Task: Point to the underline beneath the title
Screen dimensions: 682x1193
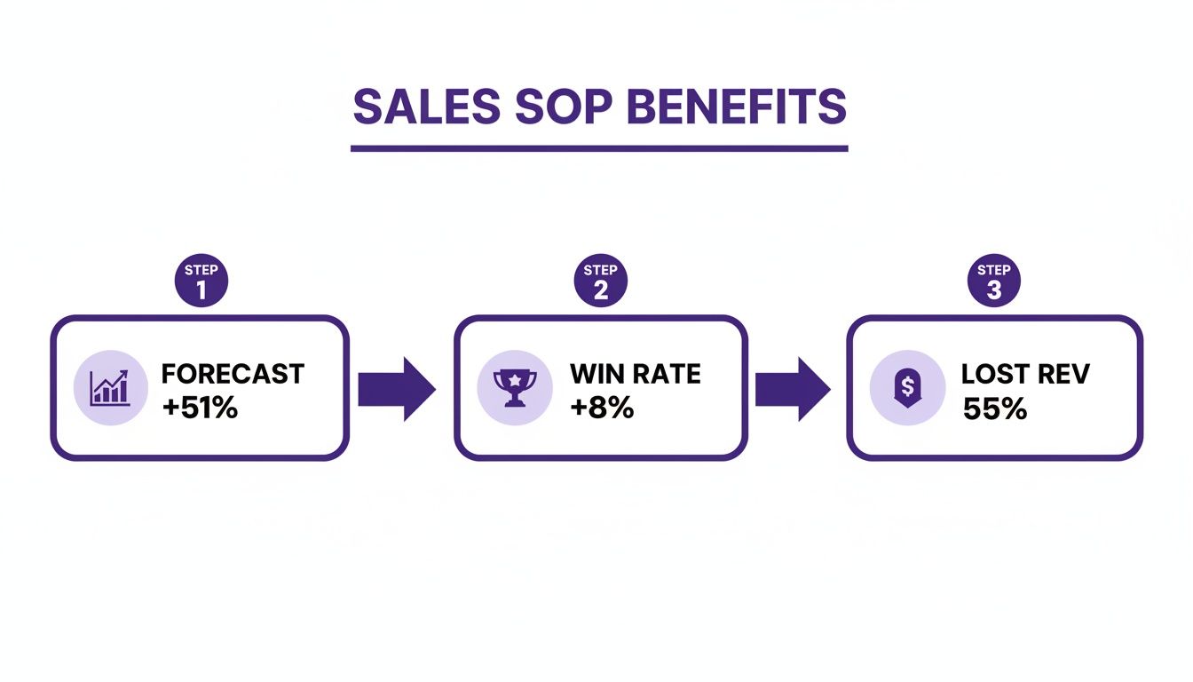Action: coord(599,148)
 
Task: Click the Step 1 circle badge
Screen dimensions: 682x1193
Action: coord(201,282)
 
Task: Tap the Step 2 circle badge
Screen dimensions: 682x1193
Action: coord(600,282)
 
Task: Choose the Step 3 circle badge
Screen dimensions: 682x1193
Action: coord(993,282)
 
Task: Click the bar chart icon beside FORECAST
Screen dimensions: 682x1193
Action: coord(109,387)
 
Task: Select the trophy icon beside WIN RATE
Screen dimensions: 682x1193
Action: coord(514,387)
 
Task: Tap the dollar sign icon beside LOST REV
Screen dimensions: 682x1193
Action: coord(906,387)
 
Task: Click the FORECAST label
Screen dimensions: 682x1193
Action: coord(233,373)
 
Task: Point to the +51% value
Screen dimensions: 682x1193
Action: coord(200,408)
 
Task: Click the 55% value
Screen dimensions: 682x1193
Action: coord(994,408)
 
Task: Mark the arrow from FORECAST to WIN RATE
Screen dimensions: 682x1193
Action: coord(397,388)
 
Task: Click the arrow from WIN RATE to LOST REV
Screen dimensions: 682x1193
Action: coord(793,388)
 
